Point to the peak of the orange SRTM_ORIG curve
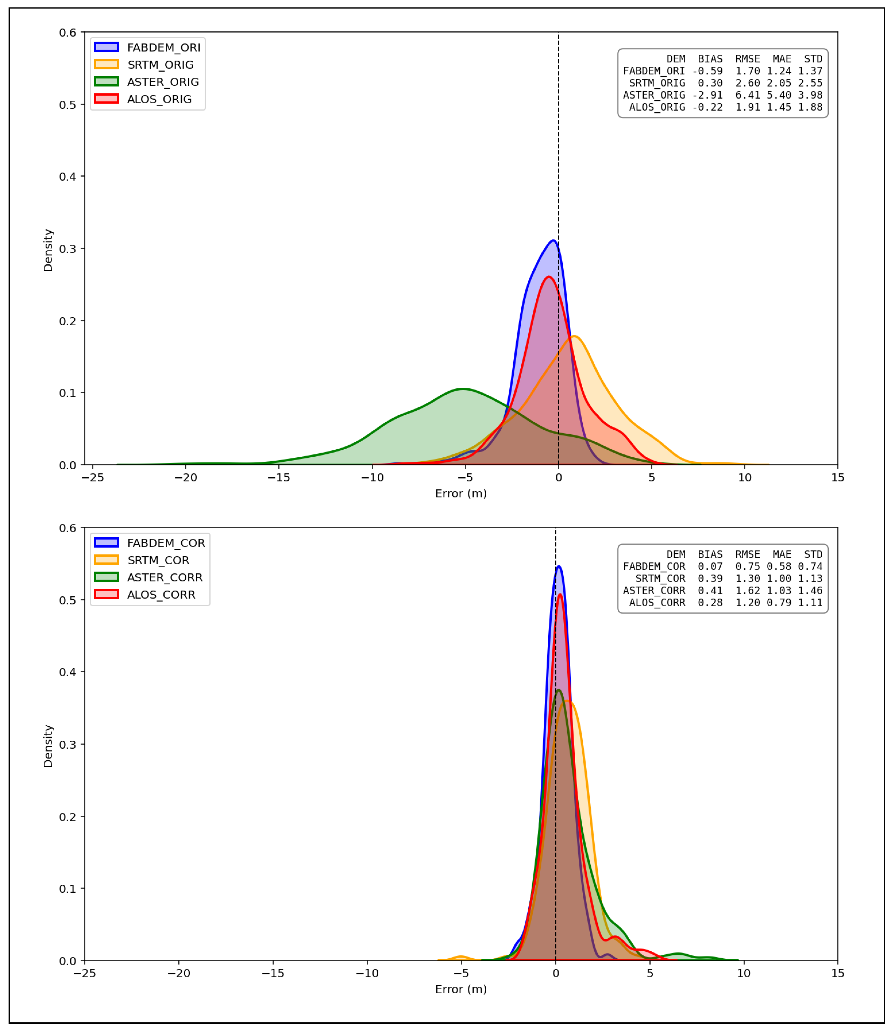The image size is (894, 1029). pos(575,337)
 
